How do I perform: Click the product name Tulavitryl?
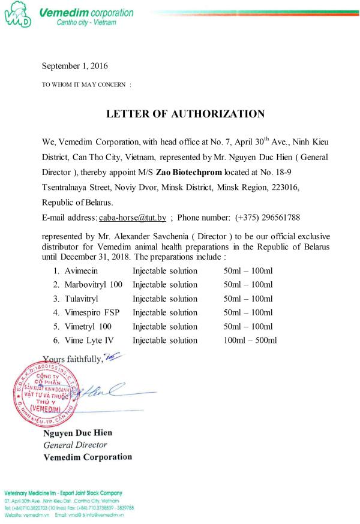click(x=82, y=299)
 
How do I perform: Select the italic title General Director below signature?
click(x=76, y=445)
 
